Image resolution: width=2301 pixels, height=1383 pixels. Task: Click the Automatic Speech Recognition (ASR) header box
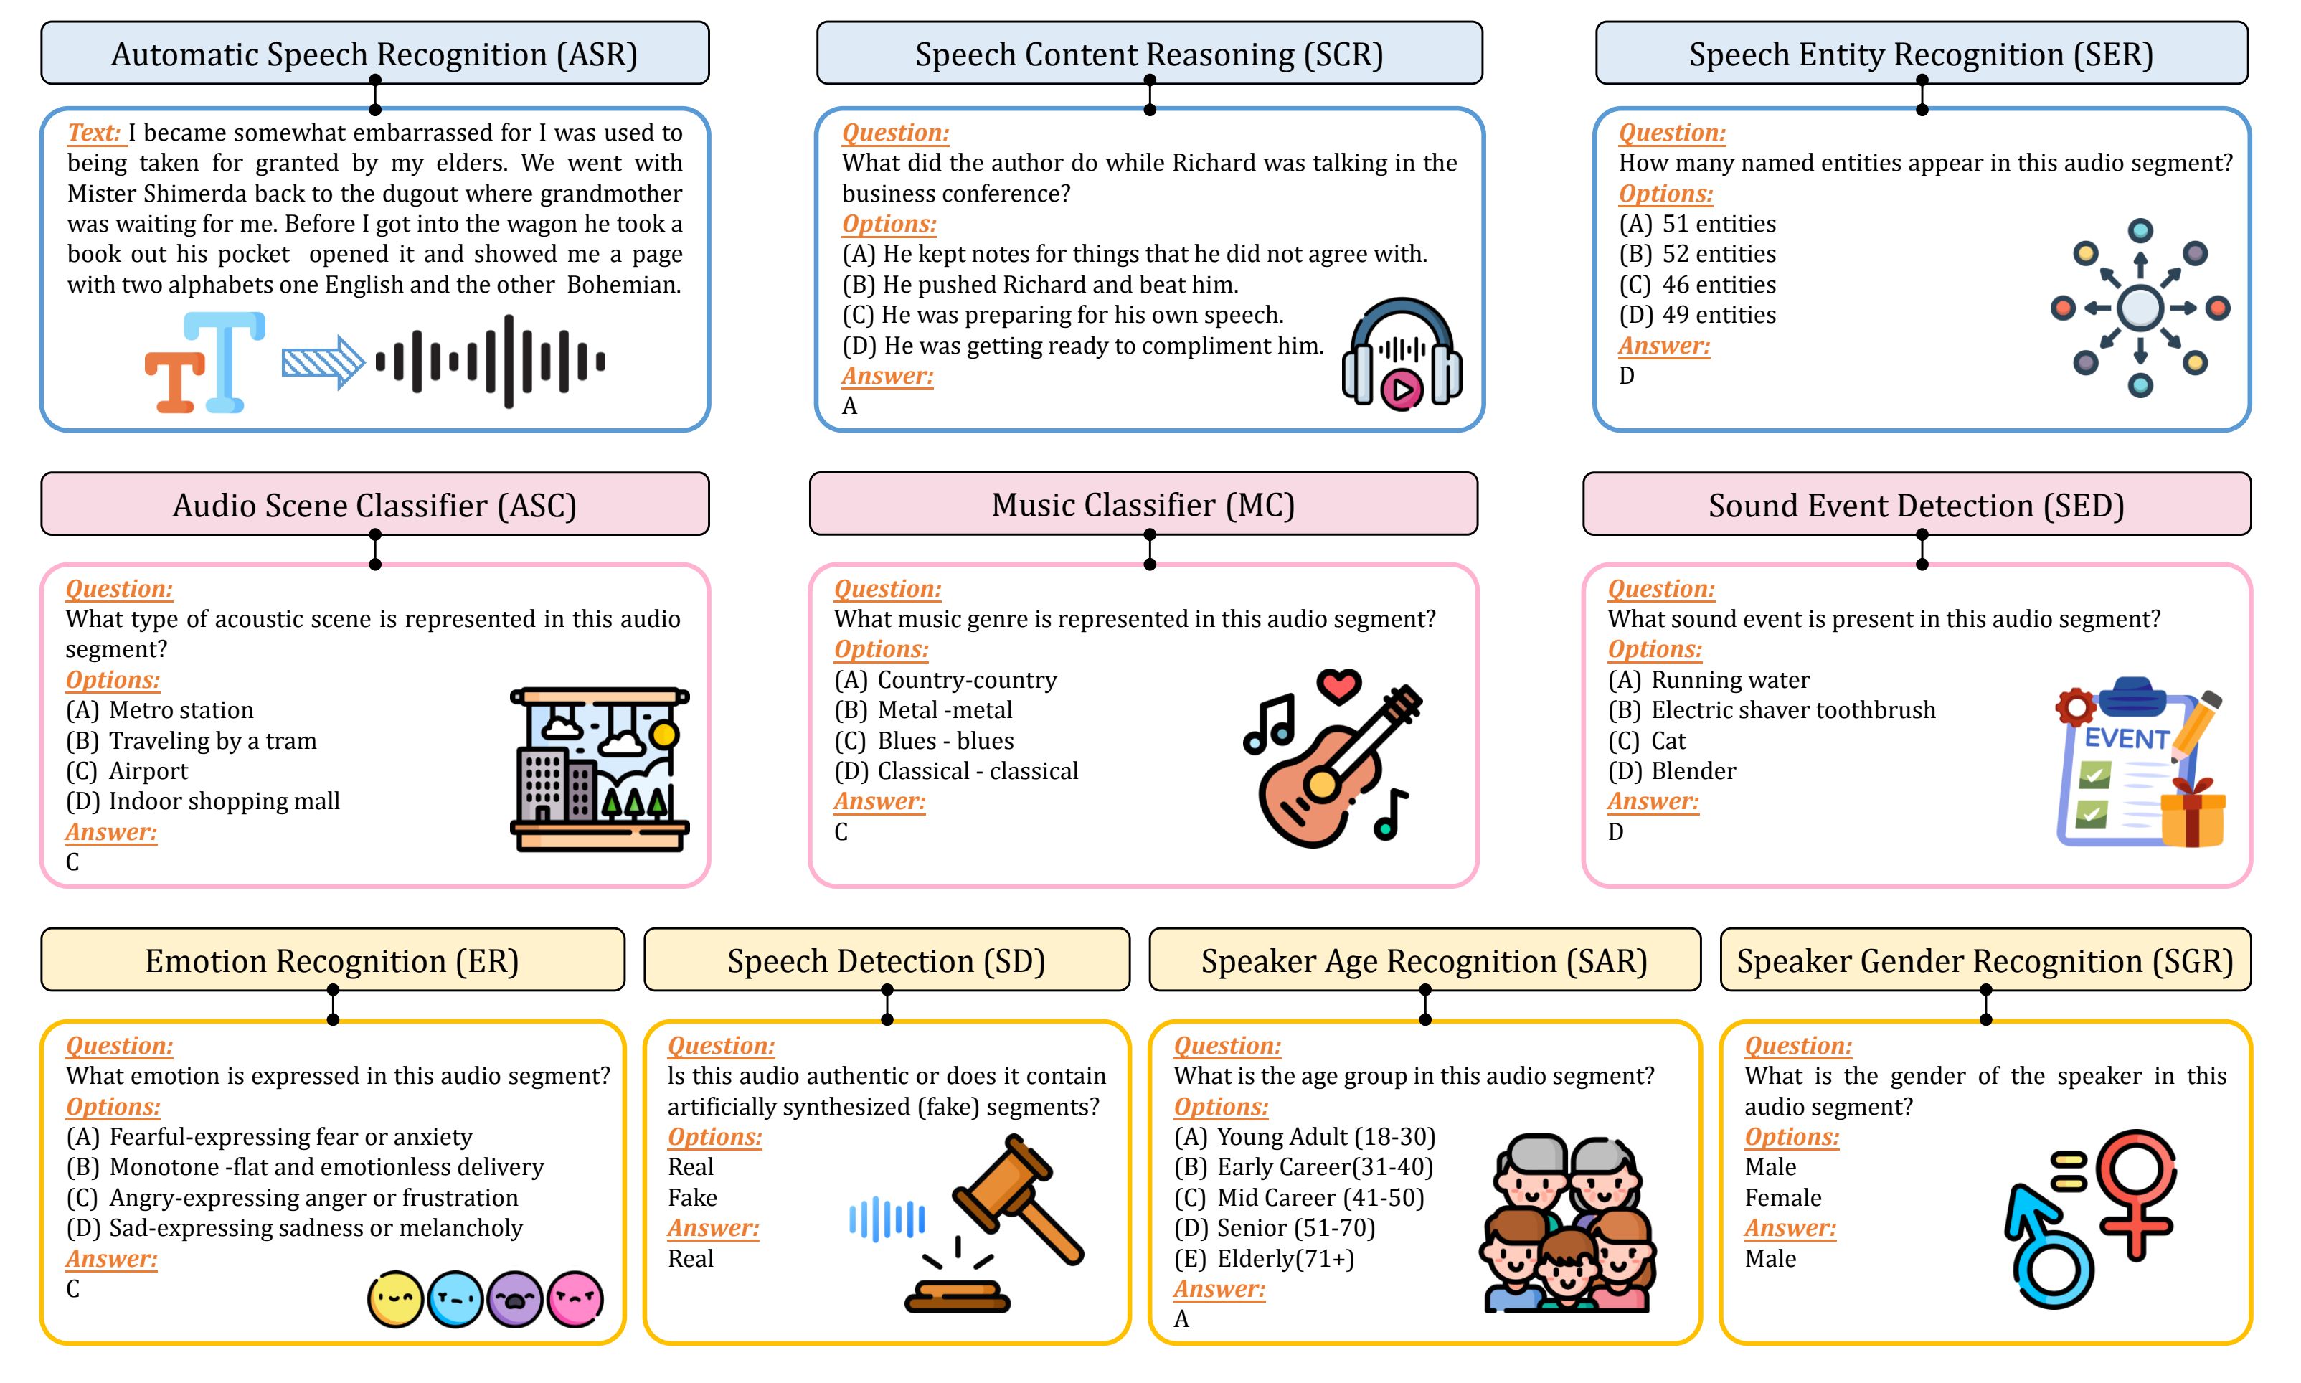374,53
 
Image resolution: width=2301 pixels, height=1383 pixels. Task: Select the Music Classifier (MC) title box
1143,504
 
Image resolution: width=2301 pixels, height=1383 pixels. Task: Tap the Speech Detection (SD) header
886,960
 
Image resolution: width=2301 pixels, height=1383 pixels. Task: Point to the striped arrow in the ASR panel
322,361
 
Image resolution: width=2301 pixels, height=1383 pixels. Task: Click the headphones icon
1401,353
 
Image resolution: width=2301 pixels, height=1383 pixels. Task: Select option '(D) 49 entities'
1696,315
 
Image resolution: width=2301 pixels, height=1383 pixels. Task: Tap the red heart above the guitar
1338,686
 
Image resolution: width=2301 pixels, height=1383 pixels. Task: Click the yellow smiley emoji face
395,1299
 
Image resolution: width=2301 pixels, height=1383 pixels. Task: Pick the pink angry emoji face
575,1299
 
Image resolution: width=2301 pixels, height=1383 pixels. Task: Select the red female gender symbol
2136,1193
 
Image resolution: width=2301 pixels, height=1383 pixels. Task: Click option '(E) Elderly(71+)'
1263,1259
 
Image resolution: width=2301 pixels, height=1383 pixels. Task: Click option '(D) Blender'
1671,770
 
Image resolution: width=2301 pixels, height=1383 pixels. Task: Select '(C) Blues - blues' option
923,741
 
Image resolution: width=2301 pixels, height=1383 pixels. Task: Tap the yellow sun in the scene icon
664,735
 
